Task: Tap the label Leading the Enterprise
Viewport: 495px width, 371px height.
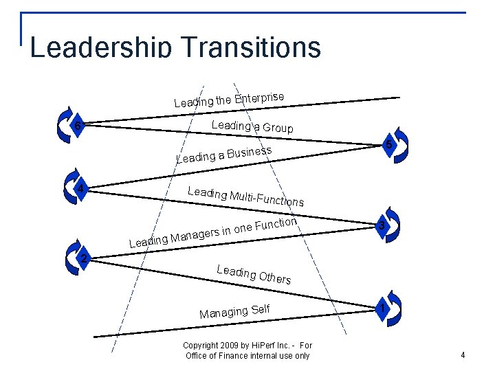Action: tap(229, 99)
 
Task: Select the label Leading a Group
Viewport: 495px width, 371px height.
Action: tap(252, 126)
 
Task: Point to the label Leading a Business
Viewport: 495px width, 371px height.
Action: tap(224, 154)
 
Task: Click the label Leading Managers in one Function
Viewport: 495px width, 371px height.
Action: tap(213, 232)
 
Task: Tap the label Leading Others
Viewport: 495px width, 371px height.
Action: tap(254, 274)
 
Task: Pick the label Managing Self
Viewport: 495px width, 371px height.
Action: tap(234, 311)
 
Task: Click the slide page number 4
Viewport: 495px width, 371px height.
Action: tap(463, 355)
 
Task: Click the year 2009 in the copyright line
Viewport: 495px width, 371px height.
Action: tap(230, 346)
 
